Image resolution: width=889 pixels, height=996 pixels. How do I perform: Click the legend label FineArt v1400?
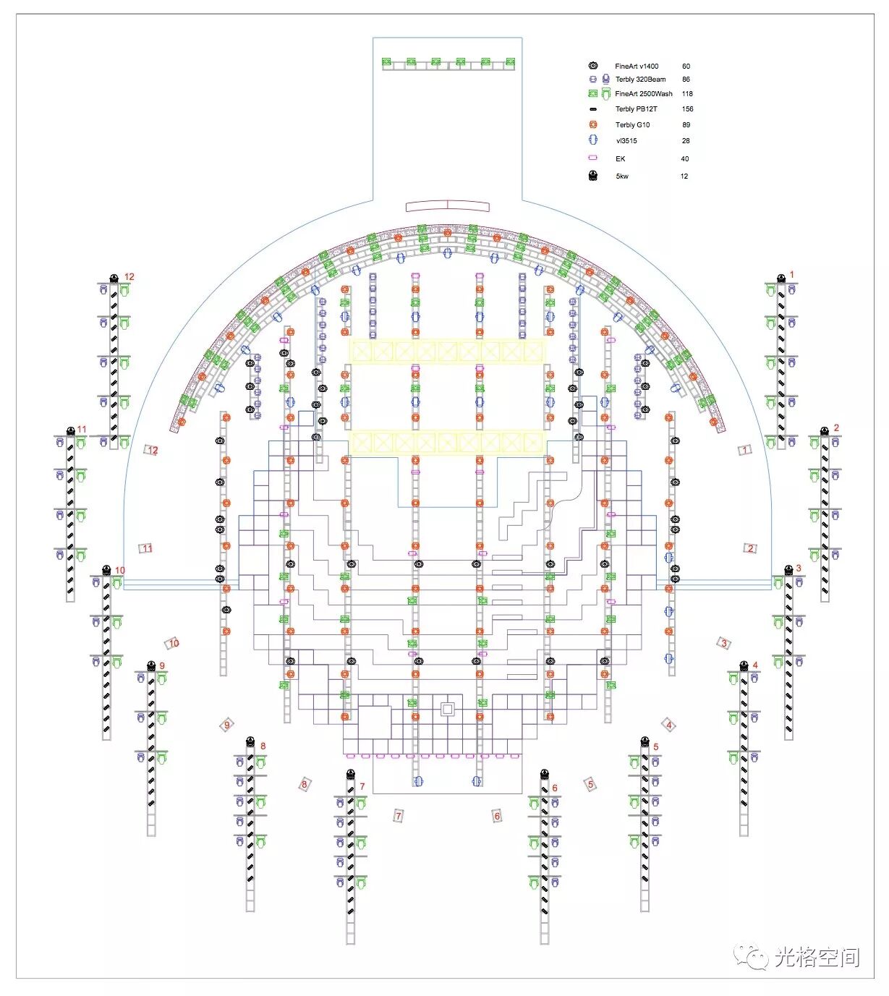coord(637,66)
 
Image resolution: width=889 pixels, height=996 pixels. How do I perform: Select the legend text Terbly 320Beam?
coord(640,79)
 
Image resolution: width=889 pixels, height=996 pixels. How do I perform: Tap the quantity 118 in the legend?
coord(687,93)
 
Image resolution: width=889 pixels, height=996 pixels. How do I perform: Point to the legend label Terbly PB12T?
coord(636,108)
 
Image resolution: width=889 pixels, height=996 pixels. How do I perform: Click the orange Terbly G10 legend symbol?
coord(593,124)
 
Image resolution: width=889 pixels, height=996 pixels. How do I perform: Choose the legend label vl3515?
coord(626,140)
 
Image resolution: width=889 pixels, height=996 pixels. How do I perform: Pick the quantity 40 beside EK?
coord(684,159)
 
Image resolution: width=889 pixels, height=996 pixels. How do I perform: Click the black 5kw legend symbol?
coord(593,176)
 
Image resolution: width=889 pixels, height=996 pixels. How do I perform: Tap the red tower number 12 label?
coord(129,277)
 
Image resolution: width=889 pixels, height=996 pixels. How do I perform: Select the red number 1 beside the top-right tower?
coord(791,274)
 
